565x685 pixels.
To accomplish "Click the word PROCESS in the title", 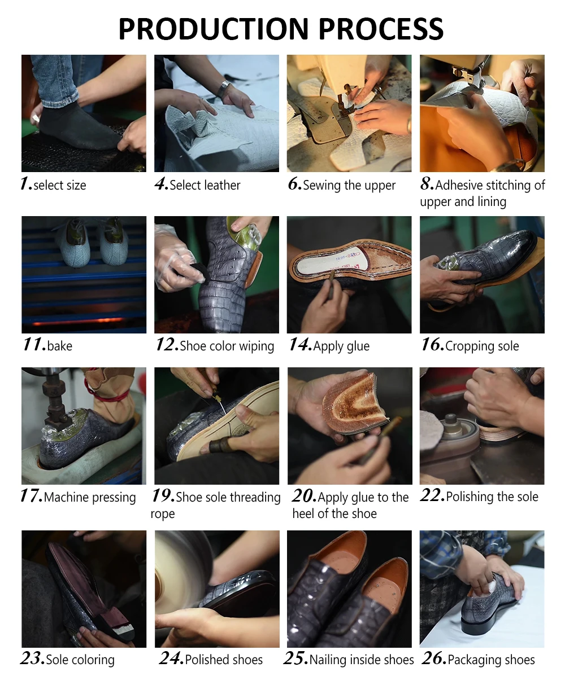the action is coord(381,29).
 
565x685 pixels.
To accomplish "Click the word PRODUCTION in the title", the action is coord(214,29).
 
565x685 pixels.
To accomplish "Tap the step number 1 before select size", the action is coord(26,183).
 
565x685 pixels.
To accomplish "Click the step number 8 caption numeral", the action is coord(427,183).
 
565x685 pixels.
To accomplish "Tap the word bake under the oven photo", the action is coord(60,346).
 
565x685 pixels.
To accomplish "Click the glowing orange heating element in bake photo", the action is coord(79,322).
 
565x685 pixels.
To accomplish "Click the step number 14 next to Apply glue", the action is coord(300,344).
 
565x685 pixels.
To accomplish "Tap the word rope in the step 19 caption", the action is coord(163,513).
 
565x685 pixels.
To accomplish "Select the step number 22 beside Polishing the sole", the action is coord(433,495).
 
